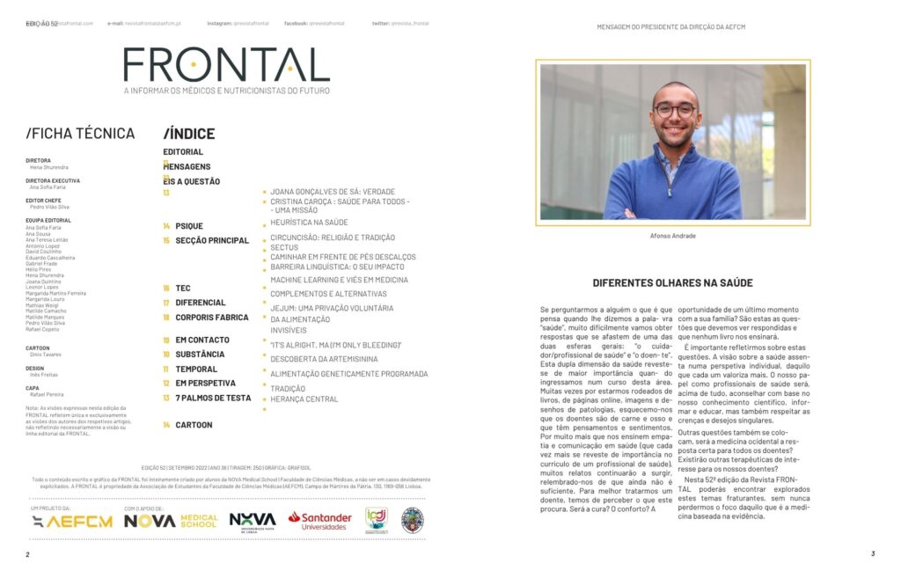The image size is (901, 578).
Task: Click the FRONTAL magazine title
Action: tap(226, 65)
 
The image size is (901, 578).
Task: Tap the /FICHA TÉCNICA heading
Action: tap(80, 134)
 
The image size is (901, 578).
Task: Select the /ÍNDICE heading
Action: tap(188, 134)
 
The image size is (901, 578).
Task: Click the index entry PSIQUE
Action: tap(188, 226)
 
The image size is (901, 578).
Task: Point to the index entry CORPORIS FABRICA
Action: tap(212, 317)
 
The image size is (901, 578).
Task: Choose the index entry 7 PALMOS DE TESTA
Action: tap(213, 398)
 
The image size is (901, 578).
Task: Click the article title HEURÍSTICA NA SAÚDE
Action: tap(309, 223)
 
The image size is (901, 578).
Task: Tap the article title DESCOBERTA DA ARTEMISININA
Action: tap(324, 359)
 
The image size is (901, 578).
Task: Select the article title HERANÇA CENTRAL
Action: tap(304, 399)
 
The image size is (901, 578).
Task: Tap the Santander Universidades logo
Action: tap(319, 520)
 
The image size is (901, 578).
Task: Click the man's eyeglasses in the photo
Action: tap(674, 111)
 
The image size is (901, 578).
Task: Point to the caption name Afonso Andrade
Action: tap(672, 236)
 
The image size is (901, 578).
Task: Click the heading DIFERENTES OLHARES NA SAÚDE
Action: tap(672, 283)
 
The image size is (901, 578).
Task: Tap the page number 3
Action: tap(872, 553)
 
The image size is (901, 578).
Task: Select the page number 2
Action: tap(27, 554)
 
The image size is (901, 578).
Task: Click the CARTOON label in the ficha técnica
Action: tap(38, 348)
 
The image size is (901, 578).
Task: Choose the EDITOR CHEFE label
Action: tap(43, 200)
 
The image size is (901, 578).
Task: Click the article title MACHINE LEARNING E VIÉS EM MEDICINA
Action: tap(339, 280)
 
